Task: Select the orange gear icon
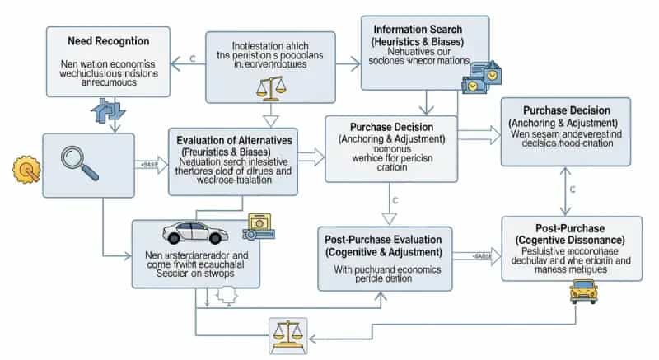(26, 170)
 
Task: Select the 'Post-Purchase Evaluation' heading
(385, 238)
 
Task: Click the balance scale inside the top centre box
(269, 86)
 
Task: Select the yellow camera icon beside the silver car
(258, 225)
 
